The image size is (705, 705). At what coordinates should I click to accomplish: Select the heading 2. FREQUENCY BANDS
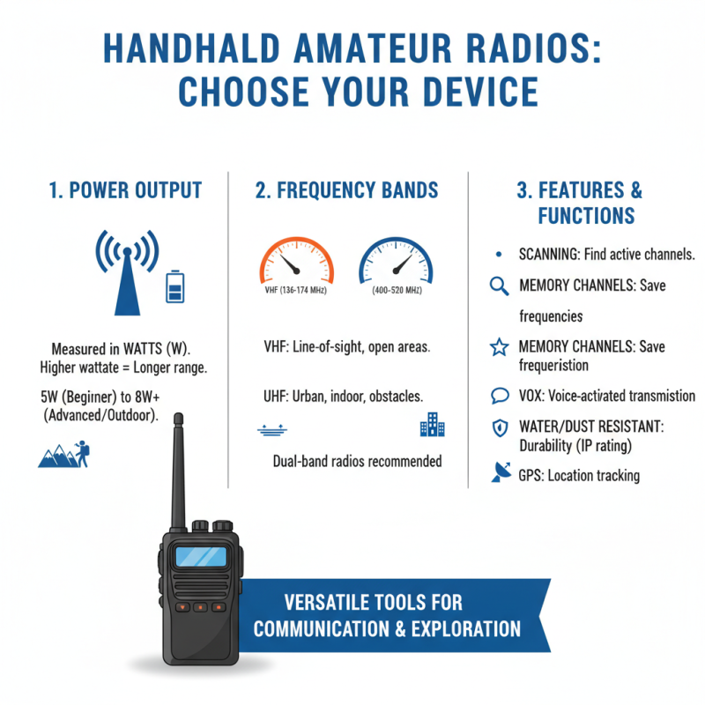347,190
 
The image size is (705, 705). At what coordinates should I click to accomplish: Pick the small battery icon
176,287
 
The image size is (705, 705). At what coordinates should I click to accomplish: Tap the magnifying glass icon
499,286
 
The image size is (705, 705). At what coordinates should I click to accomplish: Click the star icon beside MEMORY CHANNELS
499,347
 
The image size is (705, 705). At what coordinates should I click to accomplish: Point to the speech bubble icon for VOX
499,396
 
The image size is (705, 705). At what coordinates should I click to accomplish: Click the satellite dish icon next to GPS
500,474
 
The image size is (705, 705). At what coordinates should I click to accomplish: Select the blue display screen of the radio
199,557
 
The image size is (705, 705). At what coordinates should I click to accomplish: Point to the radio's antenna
179,467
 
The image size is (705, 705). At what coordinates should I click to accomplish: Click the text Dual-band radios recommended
357,461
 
